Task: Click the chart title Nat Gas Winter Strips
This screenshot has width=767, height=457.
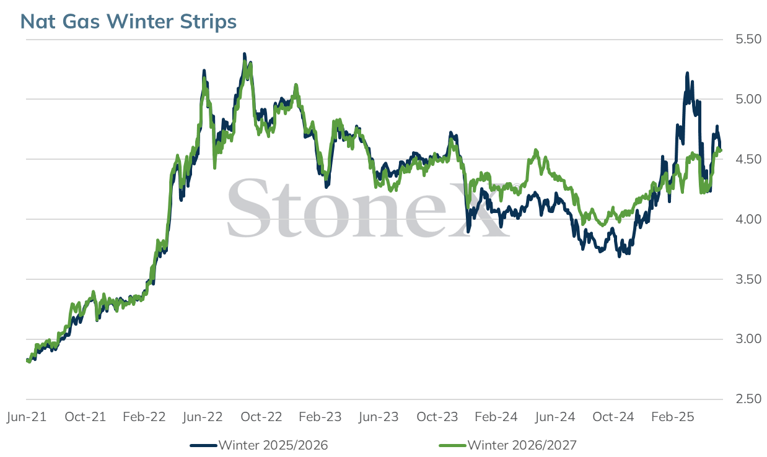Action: tap(128, 22)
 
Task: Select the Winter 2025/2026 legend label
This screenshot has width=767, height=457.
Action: tap(273, 445)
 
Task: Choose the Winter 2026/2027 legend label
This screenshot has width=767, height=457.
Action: tap(522, 445)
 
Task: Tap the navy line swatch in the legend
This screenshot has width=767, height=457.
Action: tap(203, 446)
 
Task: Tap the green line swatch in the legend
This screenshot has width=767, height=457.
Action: tap(453, 446)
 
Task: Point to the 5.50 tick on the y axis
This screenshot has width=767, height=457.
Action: tap(748, 40)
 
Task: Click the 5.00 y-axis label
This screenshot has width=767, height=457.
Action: tap(748, 99)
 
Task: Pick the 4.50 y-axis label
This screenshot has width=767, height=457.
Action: tap(748, 160)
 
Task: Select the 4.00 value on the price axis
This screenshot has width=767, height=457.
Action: tap(748, 219)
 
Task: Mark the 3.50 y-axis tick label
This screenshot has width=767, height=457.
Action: tap(748, 279)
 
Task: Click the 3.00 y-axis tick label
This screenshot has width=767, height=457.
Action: tap(748, 339)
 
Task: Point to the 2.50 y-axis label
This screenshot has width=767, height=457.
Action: tap(748, 399)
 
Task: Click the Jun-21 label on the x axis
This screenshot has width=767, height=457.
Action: tap(27, 417)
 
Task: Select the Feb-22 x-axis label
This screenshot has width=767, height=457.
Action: tap(144, 417)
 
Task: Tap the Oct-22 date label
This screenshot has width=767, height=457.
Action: tap(261, 417)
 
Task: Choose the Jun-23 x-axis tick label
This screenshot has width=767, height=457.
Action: tap(379, 417)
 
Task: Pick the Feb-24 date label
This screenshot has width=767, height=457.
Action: tap(496, 417)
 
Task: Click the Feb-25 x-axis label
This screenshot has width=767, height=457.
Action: tap(672, 417)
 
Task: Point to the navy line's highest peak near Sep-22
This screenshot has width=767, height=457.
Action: tap(244, 54)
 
